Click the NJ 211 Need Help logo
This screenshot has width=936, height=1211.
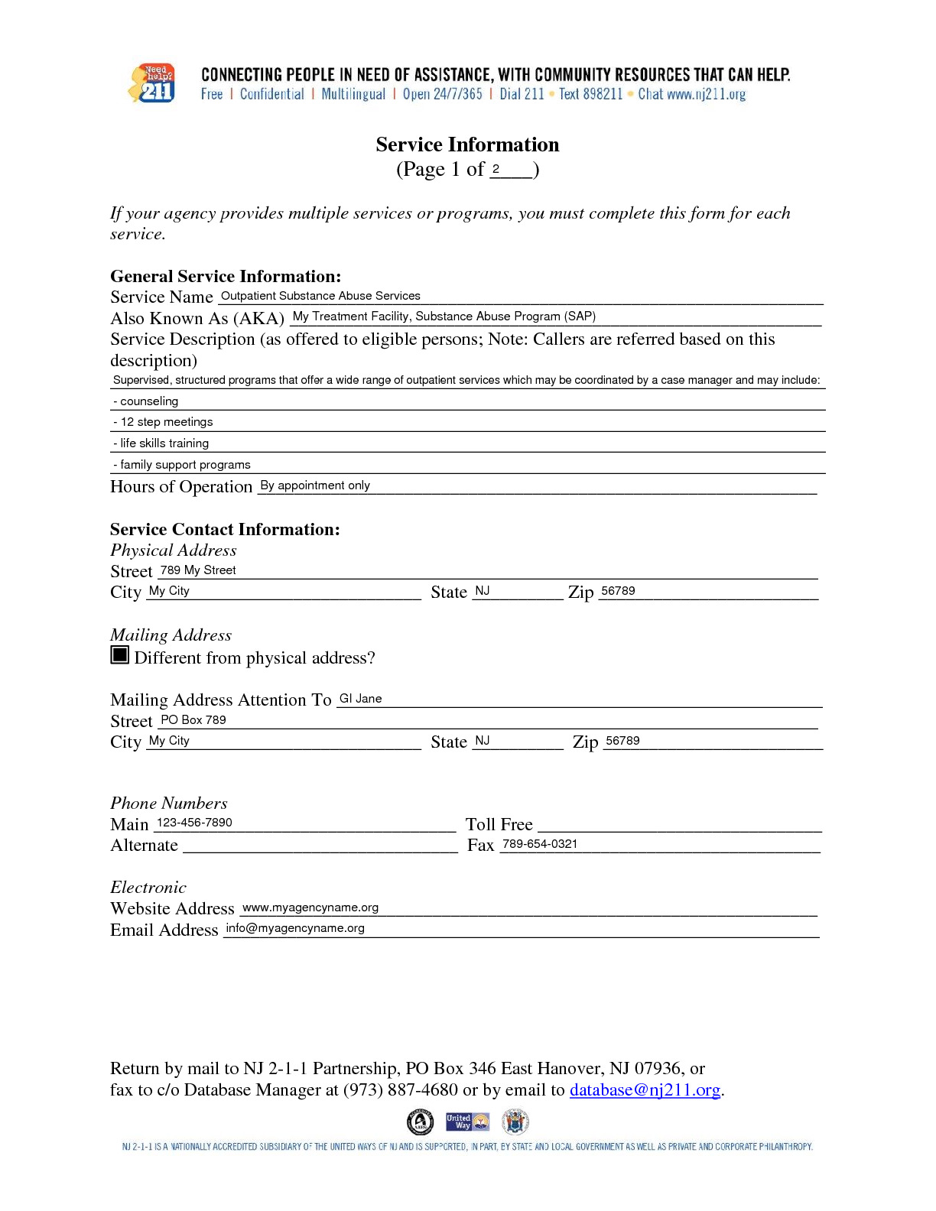coord(153,83)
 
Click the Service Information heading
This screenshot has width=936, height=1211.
coord(467,144)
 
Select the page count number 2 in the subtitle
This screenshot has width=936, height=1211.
coord(496,169)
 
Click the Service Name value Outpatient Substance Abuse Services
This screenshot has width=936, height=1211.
coord(320,296)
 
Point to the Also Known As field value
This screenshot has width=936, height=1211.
coord(444,317)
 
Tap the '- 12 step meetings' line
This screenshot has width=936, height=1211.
coord(163,422)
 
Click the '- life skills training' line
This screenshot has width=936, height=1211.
coord(161,443)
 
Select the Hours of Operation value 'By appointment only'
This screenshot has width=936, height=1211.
coord(315,485)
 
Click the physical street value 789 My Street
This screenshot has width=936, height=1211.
coord(198,570)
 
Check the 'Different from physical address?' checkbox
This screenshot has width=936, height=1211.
coord(119,655)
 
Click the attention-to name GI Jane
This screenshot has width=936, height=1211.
coord(360,699)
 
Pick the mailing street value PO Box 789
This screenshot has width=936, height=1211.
coord(193,720)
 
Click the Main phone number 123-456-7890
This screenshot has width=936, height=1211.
coord(194,823)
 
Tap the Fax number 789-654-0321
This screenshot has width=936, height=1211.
coord(540,844)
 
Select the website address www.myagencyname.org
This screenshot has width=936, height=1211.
coord(310,907)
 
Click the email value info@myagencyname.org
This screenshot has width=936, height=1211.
coord(295,928)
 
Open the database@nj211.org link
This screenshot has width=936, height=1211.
coord(645,1090)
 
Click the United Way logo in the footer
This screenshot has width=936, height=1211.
coord(467,1122)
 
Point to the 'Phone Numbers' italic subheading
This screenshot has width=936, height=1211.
coord(169,804)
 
